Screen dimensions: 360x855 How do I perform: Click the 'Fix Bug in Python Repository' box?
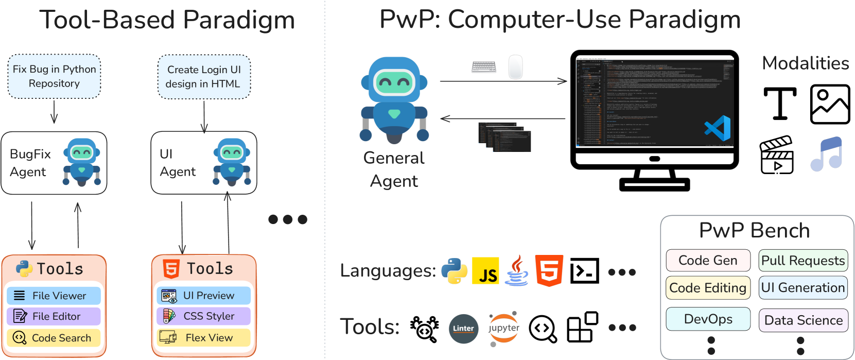pyautogui.click(x=54, y=76)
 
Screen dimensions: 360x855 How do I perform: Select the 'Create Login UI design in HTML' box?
pyautogui.click(x=204, y=77)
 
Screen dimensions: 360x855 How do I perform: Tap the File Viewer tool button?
pyautogui.click(x=54, y=296)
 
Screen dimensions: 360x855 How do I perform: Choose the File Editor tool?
pyautogui.click(x=54, y=316)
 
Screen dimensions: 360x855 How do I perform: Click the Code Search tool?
pyautogui.click(x=54, y=338)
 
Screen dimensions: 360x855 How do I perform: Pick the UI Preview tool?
pyautogui.click(x=203, y=296)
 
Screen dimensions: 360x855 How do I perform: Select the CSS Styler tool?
pyautogui.click(x=203, y=316)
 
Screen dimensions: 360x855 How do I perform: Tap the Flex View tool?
pyautogui.click(x=203, y=338)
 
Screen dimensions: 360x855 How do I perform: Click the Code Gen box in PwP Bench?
pyautogui.click(x=708, y=261)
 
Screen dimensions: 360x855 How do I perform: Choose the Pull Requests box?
pyautogui.click(x=803, y=261)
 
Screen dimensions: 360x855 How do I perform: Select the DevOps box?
pyautogui.click(x=708, y=319)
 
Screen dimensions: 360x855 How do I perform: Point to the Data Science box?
pyautogui.click(x=803, y=320)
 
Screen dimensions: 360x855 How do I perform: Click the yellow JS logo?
pyautogui.click(x=485, y=271)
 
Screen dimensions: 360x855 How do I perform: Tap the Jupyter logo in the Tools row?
pyautogui.click(x=503, y=328)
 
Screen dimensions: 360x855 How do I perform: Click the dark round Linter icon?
pyautogui.click(x=463, y=328)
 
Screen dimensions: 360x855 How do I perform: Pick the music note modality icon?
pyautogui.click(x=827, y=155)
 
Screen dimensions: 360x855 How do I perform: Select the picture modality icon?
pyautogui.click(x=830, y=105)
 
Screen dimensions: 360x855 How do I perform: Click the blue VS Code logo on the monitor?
pyautogui.click(x=718, y=128)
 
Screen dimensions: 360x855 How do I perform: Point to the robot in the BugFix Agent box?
pyautogui.click(x=82, y=162)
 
